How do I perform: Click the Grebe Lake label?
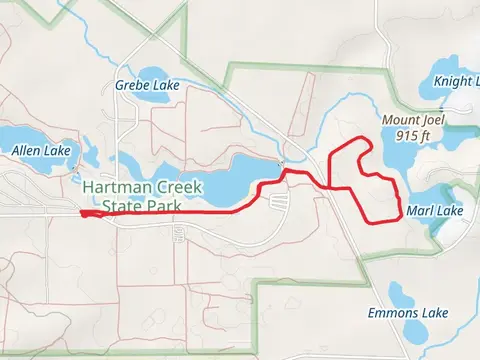pyautogui.click(x=147, y=85)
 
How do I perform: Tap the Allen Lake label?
pyautogui.click(x=41, y=151)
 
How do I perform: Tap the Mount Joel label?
pyautogui.click(x=412, y=119)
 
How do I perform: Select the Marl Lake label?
pyautogui.click(x=435, y=211)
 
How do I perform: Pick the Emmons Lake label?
pyautogui.click(x=413, y=313)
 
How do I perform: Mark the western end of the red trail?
pyautogui.click(x=81, y=212)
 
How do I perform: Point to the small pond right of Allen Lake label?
pyautogui.click(x=87, y=155)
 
